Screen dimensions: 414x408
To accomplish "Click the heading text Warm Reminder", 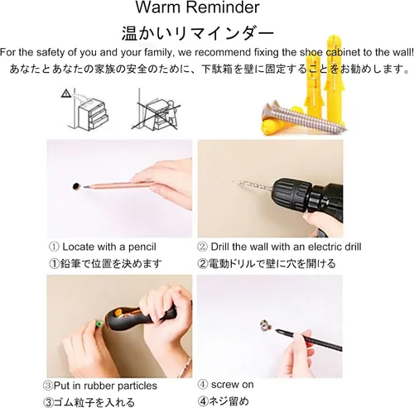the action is point(197,7).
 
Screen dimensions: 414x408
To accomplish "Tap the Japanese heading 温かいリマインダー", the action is point(198,33).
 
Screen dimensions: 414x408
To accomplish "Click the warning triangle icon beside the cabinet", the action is point(65,94).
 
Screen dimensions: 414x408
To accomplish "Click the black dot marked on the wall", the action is point(76,186).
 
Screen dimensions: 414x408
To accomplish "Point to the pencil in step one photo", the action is point(118,185).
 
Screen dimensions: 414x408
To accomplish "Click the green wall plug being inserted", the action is point(98,324).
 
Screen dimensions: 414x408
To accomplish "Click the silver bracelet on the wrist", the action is point(184,367).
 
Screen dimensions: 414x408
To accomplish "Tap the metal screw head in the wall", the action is point(266,325).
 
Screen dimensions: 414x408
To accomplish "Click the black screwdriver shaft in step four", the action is point(308,338).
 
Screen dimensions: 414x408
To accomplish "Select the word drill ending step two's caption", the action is point(353,247).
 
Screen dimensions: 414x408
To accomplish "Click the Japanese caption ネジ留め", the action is point(228,401).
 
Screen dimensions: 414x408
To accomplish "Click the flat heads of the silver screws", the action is point(271,108).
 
